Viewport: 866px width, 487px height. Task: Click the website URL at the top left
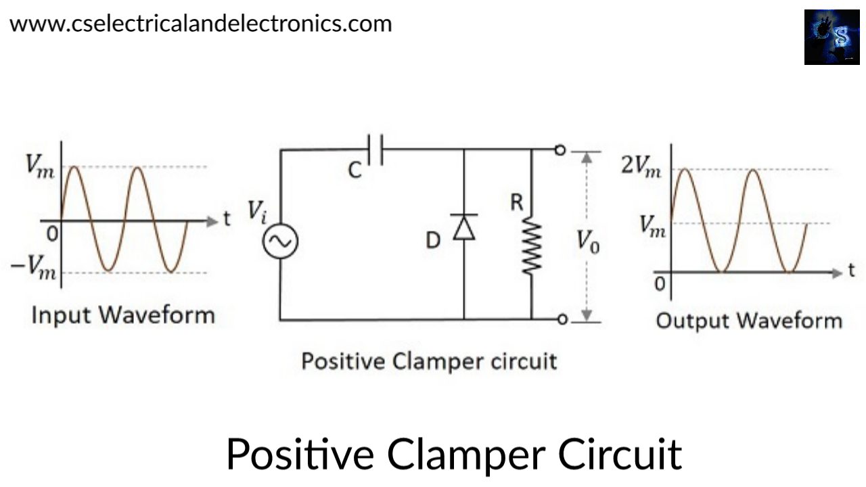[x=200, y=24]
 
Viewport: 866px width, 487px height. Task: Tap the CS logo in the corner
[x=831, y=37]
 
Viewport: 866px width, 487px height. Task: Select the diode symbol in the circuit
[x=463, y=227]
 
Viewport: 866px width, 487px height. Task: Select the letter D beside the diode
[x=433, y=240]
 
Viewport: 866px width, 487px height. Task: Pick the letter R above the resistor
[x=517, y=202]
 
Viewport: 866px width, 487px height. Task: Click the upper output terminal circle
[x=560, y=150]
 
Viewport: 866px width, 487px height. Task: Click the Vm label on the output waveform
[x=652, y=225]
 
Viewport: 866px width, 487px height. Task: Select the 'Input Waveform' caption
[x=123, y=315]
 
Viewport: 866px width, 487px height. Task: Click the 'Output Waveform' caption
[x=749, y=320]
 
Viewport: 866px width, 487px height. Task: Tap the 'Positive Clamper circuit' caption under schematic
[x=429, y=361]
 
